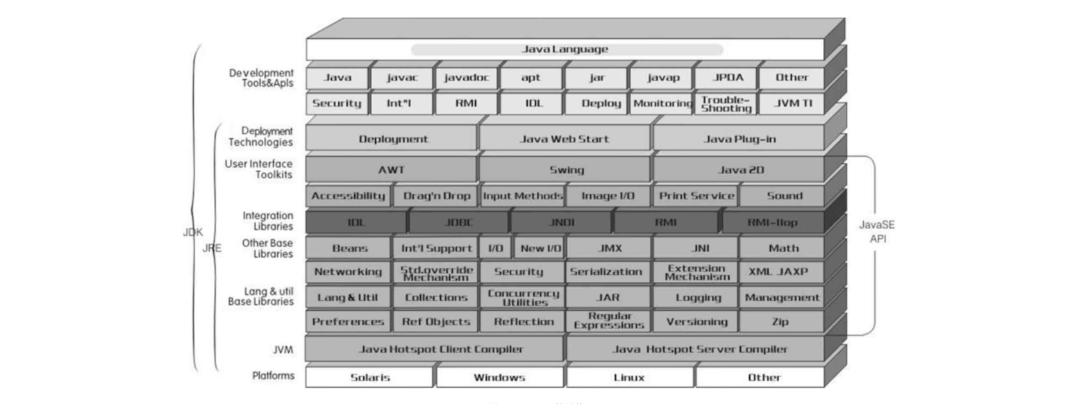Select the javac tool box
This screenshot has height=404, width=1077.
[x=402, y=78]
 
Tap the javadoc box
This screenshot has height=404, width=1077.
[x=467, y=78]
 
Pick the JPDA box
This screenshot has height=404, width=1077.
[x=727, y=78]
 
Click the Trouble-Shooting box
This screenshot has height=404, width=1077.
[x=726, y=103]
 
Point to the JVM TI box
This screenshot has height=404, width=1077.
[x=792, y=103]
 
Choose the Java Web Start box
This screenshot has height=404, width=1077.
[x=565, y=139]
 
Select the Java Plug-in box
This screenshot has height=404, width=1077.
[x=740, y=139]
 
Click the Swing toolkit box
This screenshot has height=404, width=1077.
[x=566, y=169]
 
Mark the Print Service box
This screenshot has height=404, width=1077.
[x=696, y=196]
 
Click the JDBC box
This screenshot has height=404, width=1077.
[x=458, y=223]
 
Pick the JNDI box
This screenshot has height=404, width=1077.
[x=560, y=223]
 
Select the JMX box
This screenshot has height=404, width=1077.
[x=608, y=248]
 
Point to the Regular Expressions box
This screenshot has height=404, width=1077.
[x=608, y=321]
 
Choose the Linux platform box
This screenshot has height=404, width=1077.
[x=629, y=378]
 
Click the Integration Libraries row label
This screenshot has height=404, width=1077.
[x=267, y=221]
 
